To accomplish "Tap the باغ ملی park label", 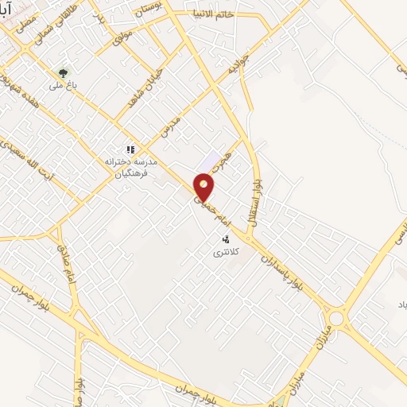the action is click(x=62, y=85).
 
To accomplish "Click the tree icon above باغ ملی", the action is click(x=64, y=72).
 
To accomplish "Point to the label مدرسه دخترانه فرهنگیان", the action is click(x=127, y=166).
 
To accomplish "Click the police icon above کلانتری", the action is click(x=226, y=238).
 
